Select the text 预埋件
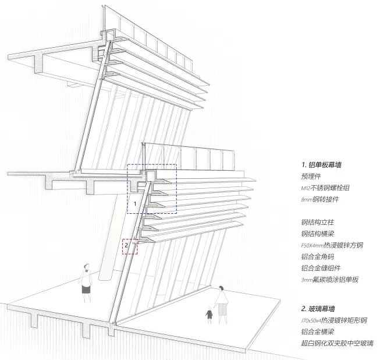click(x=312, y=177)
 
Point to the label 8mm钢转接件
click(x=319, y=199)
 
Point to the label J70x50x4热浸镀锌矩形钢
click(x=334, y=320)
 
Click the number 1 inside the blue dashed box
click(x=135, y=204)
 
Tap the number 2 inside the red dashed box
click(x=126, y=245)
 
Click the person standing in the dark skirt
click(x=86, y=283)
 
